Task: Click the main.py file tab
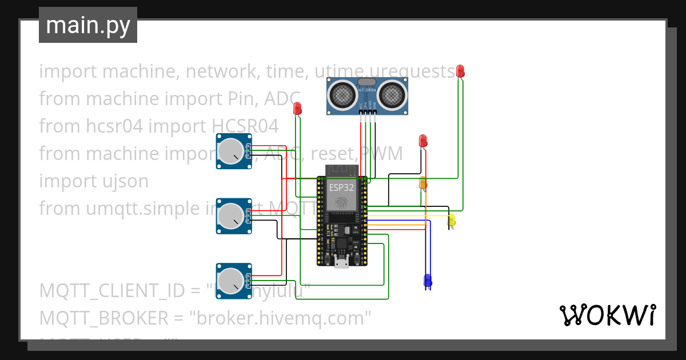coord(87,25)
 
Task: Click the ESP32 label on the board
coord(341,187)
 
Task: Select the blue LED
coord(427,280)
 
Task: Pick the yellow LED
coord(451,220)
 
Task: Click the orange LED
coord(423,183)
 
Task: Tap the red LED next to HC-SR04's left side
coord(297,108)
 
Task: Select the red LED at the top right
coord(460,71)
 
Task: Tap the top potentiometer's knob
coord(231,151)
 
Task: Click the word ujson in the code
coord(123,181)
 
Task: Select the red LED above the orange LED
coord(422,140)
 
